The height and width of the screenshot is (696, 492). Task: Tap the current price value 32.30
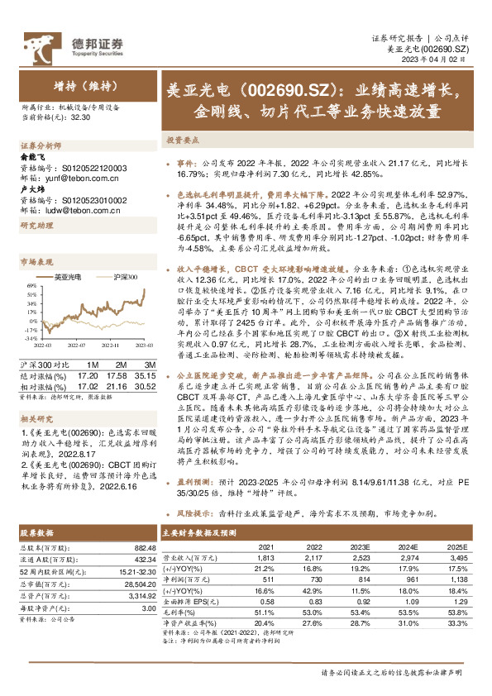[81, 117]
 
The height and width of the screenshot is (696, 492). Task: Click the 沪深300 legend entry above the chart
[122, 278]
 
